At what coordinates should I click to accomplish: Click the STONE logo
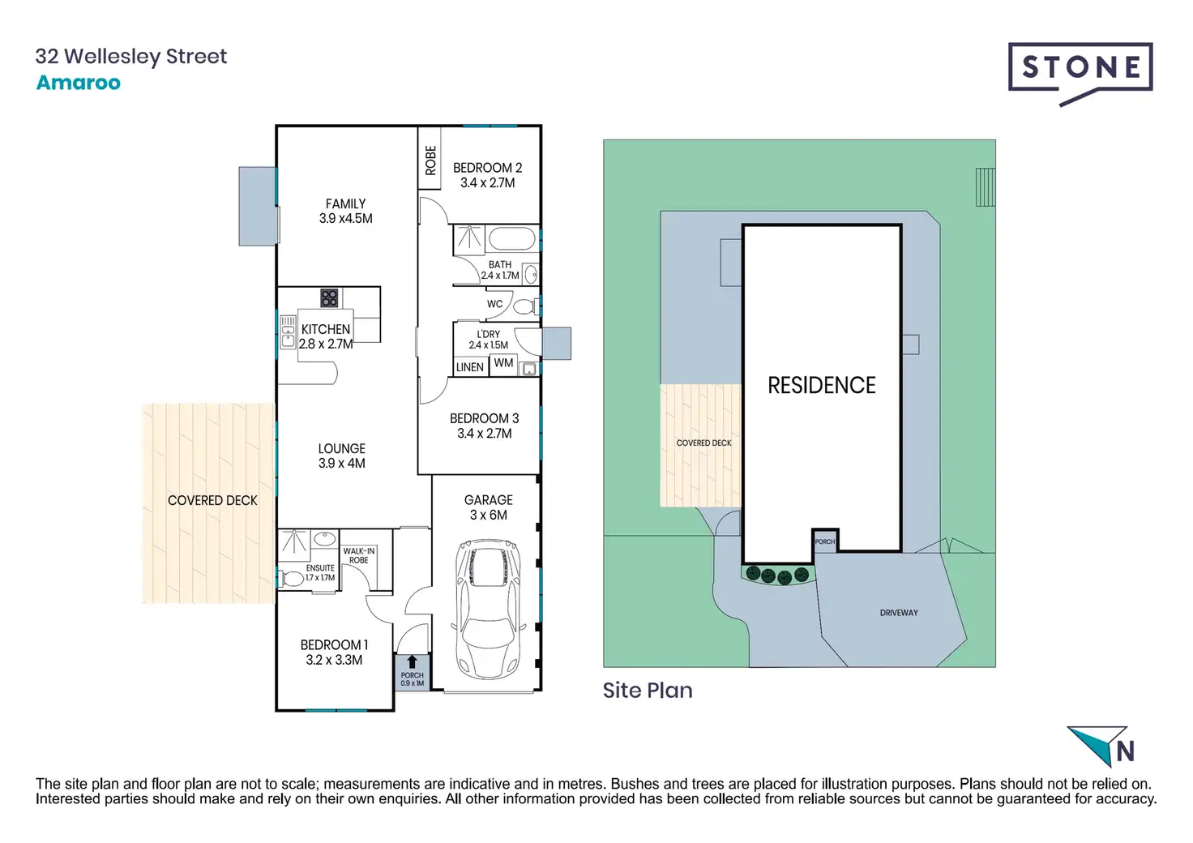(1080, 69)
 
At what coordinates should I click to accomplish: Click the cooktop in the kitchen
(329, 298)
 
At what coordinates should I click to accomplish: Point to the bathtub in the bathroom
(512, 239)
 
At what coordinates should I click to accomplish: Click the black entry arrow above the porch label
(412, 661)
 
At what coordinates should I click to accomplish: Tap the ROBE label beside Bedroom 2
(430, 160)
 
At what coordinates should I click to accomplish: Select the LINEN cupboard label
(470, 367)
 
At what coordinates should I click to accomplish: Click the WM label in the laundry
(503, 362)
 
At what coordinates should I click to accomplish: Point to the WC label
(494, 304)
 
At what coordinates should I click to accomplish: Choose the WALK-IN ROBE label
(358, 555)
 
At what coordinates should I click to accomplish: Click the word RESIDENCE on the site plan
(821, 386)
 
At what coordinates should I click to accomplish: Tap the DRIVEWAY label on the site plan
(899, 613)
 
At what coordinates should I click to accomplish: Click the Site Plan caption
(648, 691)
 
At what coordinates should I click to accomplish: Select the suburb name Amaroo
(79, 83)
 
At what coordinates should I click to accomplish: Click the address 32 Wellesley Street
(131, 56)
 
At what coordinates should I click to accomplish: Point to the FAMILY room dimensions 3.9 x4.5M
(345, 219)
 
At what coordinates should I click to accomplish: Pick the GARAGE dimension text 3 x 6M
(488, 516)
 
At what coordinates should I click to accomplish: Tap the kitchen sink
(288, 332)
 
